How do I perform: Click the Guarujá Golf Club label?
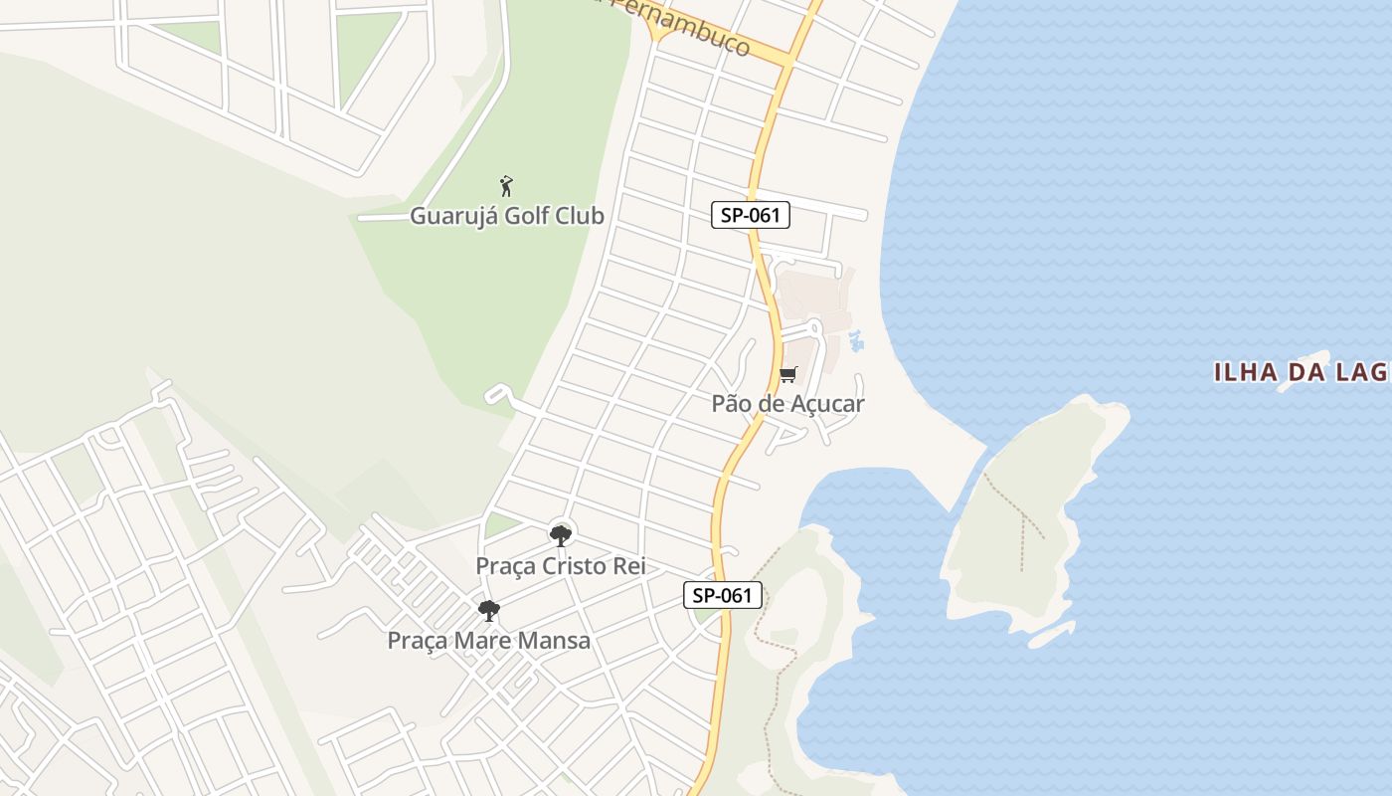(507, 216)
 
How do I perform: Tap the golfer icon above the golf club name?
(506, 186)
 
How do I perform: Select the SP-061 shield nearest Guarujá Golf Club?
(751, 214)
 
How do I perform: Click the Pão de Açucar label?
(787, 404)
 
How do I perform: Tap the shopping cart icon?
(787, 375)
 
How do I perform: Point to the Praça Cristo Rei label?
(561, 566)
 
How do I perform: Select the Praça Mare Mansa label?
(488, 641)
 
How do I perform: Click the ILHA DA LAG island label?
(1301, 373)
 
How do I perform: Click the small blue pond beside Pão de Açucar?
(855, 341)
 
